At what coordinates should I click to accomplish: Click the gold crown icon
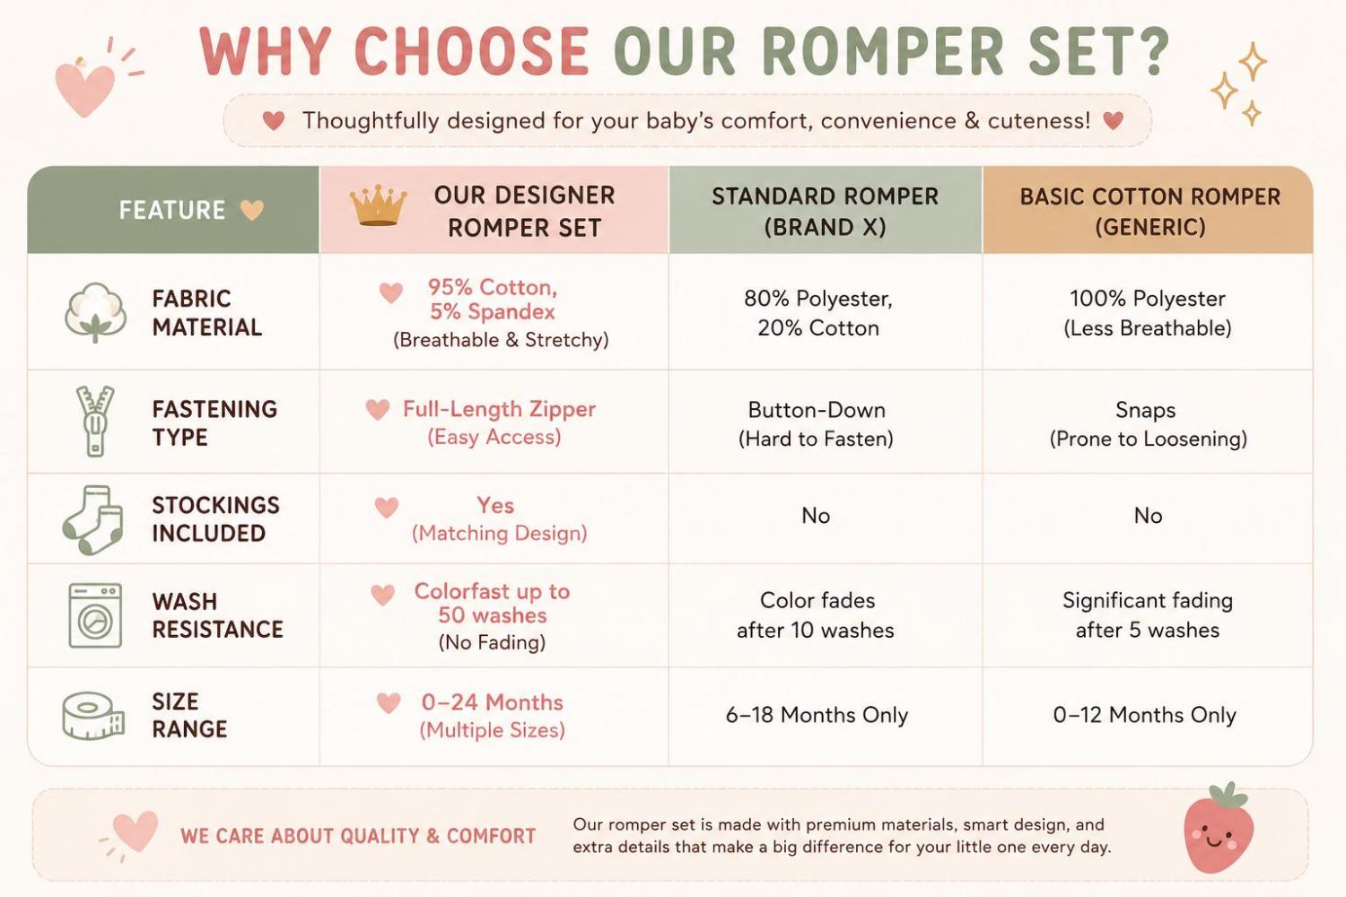pyautogui.click(x=378, y=205)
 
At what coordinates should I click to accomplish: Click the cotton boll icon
pyautogui.click(x=95, y=312)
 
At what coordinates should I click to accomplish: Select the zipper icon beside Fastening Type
pyautogui.click(x=95, y=421)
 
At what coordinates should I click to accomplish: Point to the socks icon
pyautogui.click(x=93, y=519)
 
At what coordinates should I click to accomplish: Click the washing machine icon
pyautogui.click(x=95, y=615)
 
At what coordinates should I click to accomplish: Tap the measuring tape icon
pyautogui.click(x=93, y=716)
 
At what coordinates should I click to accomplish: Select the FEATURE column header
pyautogui.click(x=172, y=210)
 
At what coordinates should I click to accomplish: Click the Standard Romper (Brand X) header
pyautogui.click(x=825, y=212)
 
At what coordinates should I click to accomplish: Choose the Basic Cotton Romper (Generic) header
pyautogui.click(x=1150, y=212)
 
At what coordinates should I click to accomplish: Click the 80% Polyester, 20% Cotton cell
pyautogui.click(x=818, y=313)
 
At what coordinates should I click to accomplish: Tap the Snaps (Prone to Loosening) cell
pyautogui.click(x=1149, y=424)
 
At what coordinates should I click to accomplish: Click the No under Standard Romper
pyautogui.click(x=816, y=516)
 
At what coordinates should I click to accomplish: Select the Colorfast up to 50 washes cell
pyautogui.click(x=492, y=616)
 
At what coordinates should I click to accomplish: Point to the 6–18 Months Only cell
pyautogui.click(x=817, y=715)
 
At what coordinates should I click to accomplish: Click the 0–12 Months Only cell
pyautogui.click(x=1145, y=715)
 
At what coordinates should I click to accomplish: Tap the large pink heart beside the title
pyautogui.click(x=84, y=88)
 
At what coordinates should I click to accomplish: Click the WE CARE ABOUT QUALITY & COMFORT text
pyautogui.click(x=358, y=836)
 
